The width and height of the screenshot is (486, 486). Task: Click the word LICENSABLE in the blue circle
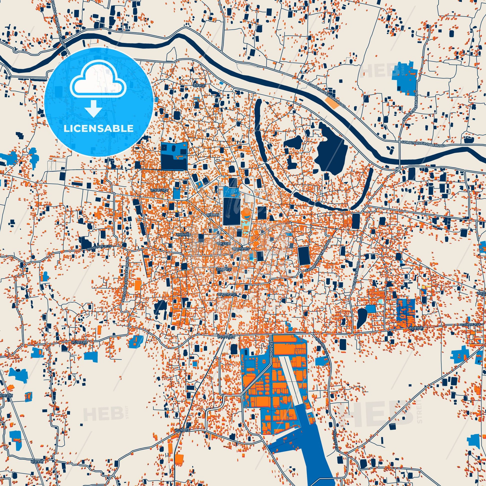pos(99,128)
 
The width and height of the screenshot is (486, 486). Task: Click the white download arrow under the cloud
pos(93,108)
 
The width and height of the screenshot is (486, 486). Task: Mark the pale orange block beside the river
pos(332,103)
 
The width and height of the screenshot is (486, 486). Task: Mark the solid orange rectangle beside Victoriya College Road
pos(138,285)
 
